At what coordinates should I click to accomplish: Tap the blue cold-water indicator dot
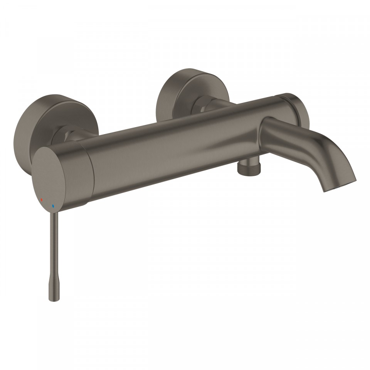point(53,207)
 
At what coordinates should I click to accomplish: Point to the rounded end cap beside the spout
point(299,110)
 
